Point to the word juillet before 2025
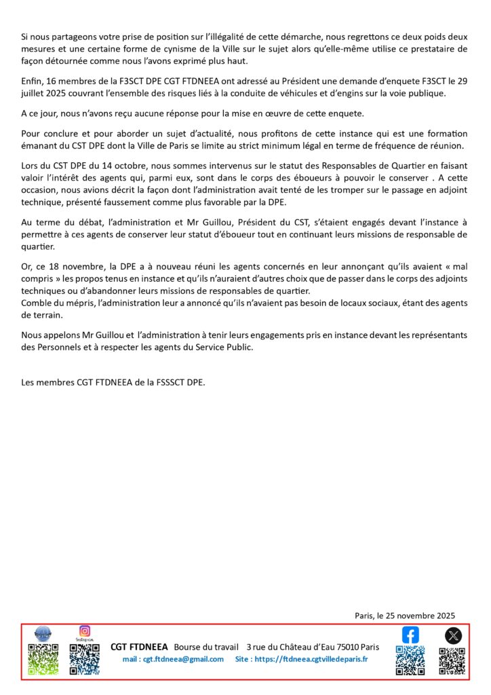[34, 94]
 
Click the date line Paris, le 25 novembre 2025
[404, 615]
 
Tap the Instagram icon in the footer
[85, 631]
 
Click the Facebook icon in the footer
[410, 635]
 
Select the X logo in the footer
[453, 636]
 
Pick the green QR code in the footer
[42, 660]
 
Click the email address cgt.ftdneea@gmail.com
[173, 659]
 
